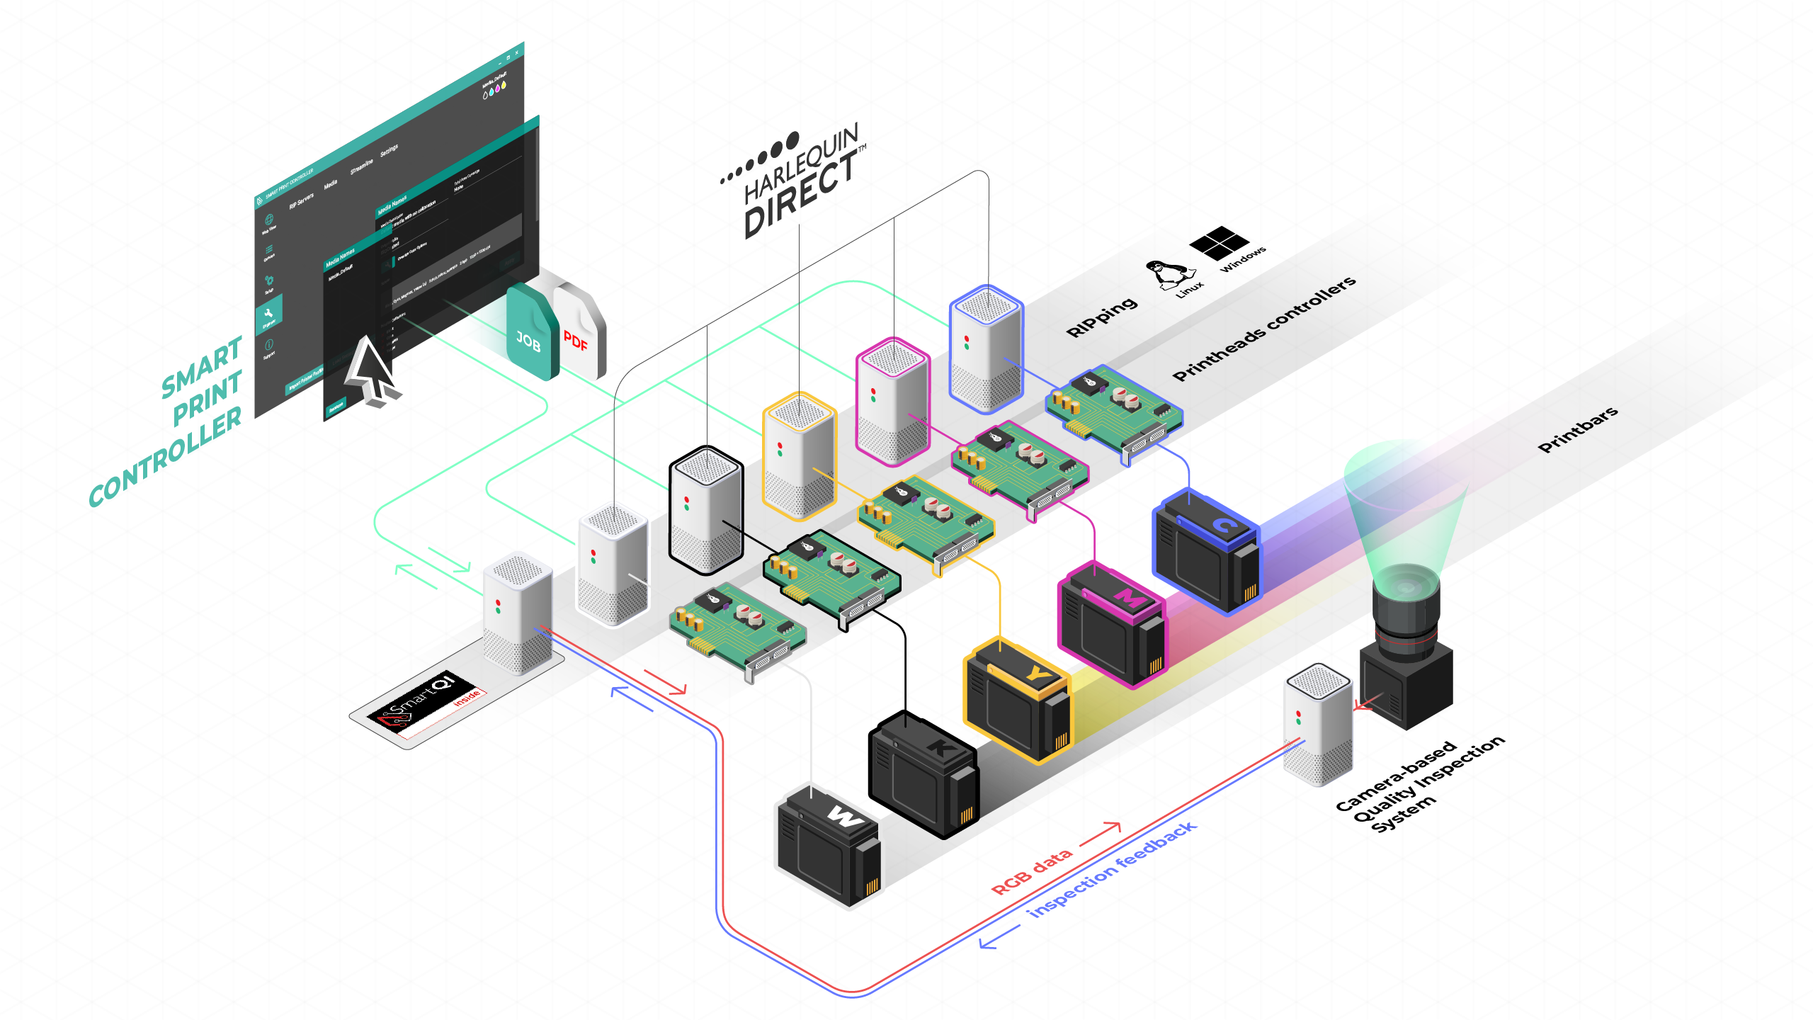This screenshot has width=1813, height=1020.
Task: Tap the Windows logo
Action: tap(1219, 243)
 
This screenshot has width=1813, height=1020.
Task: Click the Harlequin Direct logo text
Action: tap(800, 184)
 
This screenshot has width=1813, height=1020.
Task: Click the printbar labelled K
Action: tap(923, 775)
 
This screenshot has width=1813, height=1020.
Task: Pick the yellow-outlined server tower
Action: tap(800, 457)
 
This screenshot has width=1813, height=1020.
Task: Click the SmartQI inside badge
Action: tap(425, 704)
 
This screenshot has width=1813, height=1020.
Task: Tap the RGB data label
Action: tap(1031, 872)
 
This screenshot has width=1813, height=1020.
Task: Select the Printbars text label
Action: tap(1578, 429)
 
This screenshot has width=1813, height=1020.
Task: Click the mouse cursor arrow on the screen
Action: tap(370, 368)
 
